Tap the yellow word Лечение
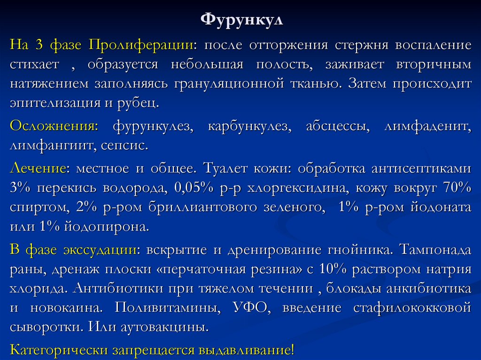click(37, 168)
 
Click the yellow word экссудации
click(100, 249)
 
